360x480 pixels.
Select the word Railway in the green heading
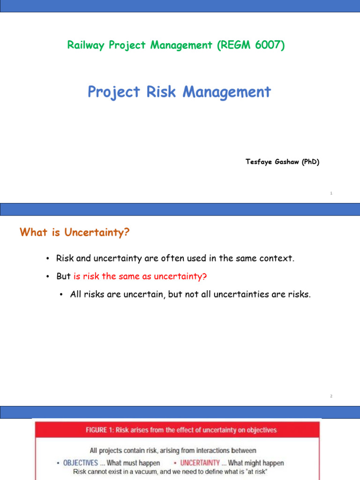pyautogui.click(x=84, y=45)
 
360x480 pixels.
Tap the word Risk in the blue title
pyautogui.click(x=164, y=92)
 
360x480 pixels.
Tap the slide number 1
pyautogui.click(x=331, y=193)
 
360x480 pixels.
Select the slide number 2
pyautogui.click(x=331, y=396)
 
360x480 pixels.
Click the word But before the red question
pyautogui.click(x=63, y=277)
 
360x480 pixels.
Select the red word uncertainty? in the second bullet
pyautogui.click(x=183, y=277)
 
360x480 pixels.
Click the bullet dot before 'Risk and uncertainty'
pyautogui.click(x=48, y=259)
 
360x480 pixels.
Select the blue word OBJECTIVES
pyautogui.click(x=81, y=463)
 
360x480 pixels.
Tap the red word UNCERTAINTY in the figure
pyautogui.click(x=200, y=463)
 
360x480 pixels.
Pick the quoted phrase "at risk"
pyautogui.click(x=255, y=472)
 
